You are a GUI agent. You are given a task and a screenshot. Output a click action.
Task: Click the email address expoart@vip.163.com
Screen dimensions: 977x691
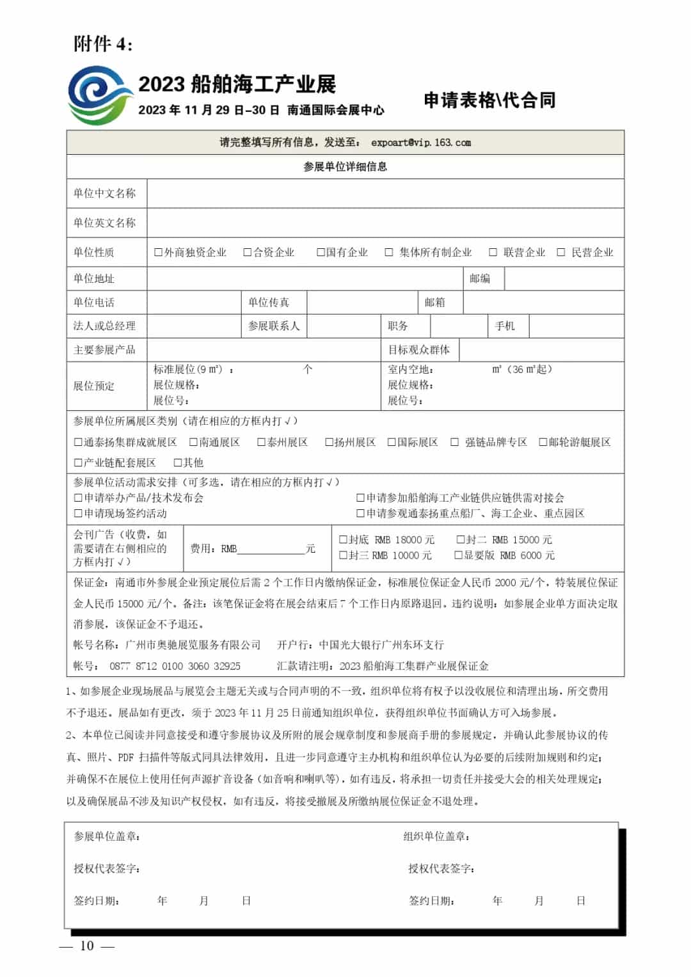click(x=420, y=143)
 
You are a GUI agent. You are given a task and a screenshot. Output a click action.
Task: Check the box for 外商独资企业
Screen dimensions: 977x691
click(x=158, y=253)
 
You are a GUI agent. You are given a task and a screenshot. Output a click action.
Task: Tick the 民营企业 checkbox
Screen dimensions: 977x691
click(x=560, y=253)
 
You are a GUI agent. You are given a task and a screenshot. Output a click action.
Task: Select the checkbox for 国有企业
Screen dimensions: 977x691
click(x=321, y=253)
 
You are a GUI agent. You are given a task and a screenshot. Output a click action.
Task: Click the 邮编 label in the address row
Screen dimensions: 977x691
click(x=480, y=278)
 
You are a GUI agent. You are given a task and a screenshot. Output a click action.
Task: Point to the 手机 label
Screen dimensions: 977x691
click(x=505, y=326)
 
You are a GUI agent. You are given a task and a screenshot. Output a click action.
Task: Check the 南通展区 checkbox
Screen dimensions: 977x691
click(x=193, y=442)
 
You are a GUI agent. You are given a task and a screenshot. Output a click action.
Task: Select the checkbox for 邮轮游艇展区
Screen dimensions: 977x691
click(x=543, y=442)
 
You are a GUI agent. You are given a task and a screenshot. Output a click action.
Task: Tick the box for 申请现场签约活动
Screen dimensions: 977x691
click(x=78, y=513)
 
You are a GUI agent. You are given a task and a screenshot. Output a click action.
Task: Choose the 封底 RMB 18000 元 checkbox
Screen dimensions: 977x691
click(x=343, y=540)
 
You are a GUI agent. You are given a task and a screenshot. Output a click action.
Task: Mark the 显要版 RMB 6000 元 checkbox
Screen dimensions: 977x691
click(x=458, y=555)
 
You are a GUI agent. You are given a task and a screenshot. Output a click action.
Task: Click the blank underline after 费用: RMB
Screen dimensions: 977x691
click(x=271, y=550)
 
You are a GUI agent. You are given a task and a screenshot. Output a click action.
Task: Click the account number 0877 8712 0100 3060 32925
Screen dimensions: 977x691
click(x=175, y=666)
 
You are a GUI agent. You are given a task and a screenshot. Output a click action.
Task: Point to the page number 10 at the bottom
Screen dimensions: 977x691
click(x=86, y=946)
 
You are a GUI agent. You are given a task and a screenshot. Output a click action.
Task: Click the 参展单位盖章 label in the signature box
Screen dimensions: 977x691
click(x=107, y=836)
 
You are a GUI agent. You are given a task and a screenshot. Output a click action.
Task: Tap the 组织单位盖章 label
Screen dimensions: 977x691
click(x=436, y=836)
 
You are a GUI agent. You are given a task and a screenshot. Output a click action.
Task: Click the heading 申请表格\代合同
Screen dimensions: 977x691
click(x=489, y=100)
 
